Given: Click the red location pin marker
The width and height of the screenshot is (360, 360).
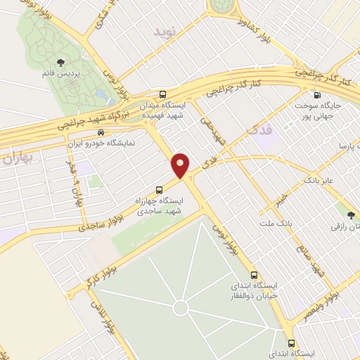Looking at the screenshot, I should pyautogui.click(x=181, y=165).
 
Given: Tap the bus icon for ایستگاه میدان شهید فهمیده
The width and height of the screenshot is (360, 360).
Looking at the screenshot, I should pyautogui.click(x=163, y=94).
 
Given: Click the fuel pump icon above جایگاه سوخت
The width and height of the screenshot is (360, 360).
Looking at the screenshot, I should pyautogui.click(x=317, y=96).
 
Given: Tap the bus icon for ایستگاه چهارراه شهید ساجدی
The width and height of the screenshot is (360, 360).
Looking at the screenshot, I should pyautogui.click(x=160, y=189).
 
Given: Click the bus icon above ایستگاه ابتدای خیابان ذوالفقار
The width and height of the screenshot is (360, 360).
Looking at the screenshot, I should pyautogui.click(x=255, y=276).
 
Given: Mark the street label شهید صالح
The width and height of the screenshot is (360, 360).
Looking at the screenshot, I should pyautogui.click(x=308, y=262).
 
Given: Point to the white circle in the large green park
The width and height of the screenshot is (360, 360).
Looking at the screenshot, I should pyautogui.click(x=181, y=307).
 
